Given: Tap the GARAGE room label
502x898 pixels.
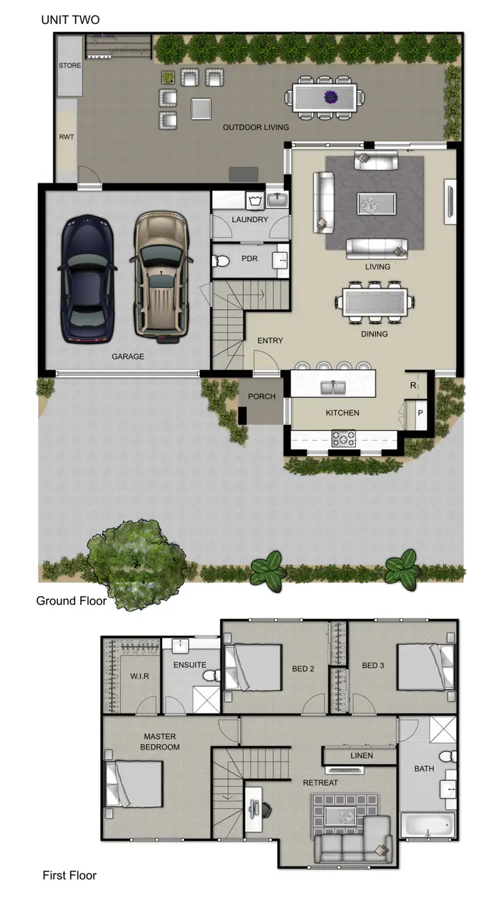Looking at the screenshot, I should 128,357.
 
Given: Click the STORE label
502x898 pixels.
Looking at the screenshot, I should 70,66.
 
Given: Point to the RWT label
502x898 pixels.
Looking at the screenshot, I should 66,137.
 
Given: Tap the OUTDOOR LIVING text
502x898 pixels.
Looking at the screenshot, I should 256,127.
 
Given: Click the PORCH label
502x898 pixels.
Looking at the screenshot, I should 262,396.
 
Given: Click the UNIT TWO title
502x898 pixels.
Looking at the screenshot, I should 70,20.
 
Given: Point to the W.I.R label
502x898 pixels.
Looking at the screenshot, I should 139,676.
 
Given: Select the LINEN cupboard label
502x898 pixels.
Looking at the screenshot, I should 361,755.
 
